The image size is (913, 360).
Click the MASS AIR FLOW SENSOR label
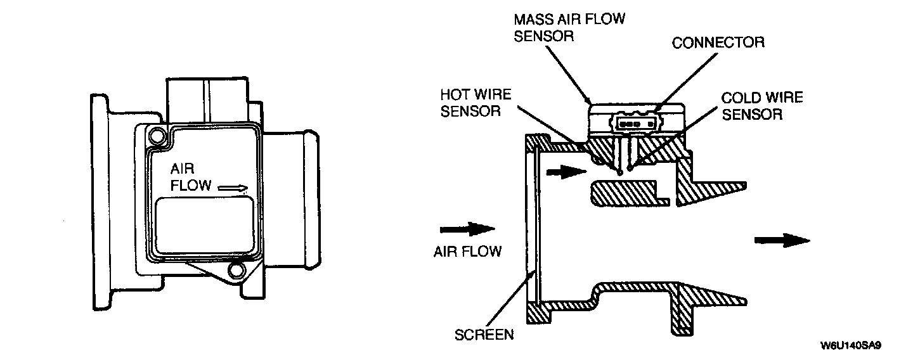pos(569,27)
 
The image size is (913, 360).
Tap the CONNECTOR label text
pos(718,42)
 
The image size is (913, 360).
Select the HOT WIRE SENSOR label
pos(476,103)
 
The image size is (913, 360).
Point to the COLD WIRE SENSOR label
pos(762,106)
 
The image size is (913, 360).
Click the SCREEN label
pos(484,335)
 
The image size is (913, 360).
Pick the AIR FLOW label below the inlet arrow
pos(467,251)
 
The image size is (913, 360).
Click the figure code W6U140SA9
pos(851,346)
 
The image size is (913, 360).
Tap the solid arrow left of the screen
pos(467,229)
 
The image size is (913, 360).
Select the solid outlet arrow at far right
pos(782,240)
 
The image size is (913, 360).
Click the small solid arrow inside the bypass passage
pos(566,172)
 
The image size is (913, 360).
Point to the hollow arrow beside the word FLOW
pos(233,188)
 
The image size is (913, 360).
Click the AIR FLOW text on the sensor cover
pos(191,177)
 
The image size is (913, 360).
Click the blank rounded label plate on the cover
pos(205,224)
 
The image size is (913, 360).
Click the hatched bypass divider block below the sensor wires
pos(630,193)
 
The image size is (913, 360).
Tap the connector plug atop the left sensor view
pos(207,100)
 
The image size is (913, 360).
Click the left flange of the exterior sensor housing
pos(100,202)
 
